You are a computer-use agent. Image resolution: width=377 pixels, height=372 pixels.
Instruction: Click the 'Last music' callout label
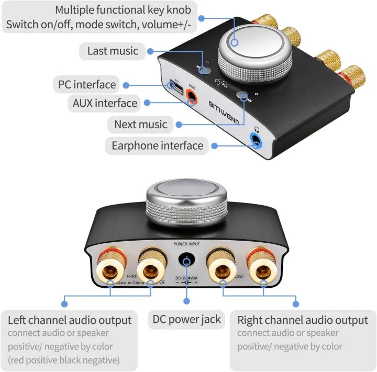pos(113,51)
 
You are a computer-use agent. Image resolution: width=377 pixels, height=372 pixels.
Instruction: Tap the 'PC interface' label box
pos(86,84)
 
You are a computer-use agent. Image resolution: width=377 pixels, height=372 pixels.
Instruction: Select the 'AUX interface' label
pos(105,103)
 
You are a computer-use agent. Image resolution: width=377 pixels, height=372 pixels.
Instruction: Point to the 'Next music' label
pos(140,125)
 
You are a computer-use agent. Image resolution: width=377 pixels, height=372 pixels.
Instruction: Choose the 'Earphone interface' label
pos(157,145)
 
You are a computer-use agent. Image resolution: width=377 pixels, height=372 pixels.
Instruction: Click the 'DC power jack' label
pos(187,319)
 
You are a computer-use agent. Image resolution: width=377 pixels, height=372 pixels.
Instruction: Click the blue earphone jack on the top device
pos(256,140)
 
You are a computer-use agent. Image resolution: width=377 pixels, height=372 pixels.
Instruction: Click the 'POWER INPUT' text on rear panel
pos(186,244)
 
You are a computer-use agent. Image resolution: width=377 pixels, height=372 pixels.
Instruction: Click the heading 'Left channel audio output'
pos(70,320)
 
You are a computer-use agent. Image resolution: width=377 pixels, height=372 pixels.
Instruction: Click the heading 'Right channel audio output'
pos(303,320)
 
